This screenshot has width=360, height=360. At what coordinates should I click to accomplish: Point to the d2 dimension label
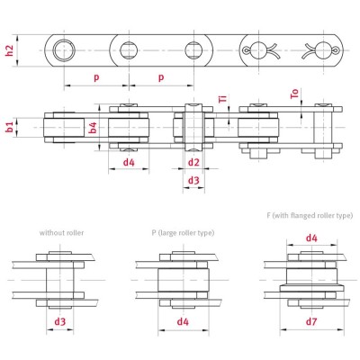click(x=193, y=163)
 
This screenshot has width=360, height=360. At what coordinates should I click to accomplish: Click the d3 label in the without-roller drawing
click(x=60, y=320)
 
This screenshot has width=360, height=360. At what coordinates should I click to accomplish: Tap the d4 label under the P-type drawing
click(x=183, y=320)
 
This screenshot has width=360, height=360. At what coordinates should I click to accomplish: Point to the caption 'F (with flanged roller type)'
click(x=310, y=216)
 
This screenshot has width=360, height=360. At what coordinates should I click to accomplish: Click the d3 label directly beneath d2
click(x=193, y=181)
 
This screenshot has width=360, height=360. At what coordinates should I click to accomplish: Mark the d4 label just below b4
click(x=129, y=163)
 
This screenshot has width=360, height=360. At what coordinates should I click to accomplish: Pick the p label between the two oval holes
click(x=161, y=77)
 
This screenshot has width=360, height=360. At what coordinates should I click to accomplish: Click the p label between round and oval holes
click(x=96, y=77)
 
